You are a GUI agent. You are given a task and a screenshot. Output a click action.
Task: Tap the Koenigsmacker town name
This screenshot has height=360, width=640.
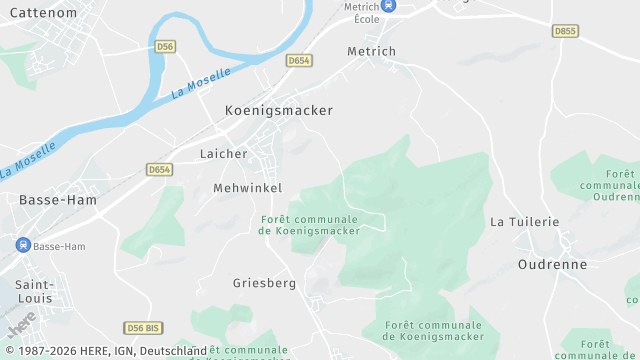279,111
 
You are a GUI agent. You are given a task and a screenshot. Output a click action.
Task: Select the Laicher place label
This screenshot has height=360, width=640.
223,154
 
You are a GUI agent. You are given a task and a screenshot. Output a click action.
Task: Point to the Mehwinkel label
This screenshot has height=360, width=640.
248,188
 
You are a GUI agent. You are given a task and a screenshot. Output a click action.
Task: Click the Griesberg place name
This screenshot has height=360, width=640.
265,283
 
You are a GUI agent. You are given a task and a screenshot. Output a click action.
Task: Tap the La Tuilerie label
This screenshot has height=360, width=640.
524,221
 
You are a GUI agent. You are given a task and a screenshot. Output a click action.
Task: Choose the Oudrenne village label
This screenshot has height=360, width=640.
552,264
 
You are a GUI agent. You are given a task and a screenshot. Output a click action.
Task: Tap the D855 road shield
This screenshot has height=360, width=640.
565,31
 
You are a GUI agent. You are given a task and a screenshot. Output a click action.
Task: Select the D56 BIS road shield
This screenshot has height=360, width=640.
143,328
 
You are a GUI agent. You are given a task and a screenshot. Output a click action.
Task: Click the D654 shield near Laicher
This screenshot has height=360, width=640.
159,170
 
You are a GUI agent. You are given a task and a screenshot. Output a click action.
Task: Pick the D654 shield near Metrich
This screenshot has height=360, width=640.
299,61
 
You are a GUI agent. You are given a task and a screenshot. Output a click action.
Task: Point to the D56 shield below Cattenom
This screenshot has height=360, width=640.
165,47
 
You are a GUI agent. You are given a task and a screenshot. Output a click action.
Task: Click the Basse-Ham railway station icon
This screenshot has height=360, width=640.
22,245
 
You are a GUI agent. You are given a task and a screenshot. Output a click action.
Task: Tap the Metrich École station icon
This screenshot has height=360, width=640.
390,6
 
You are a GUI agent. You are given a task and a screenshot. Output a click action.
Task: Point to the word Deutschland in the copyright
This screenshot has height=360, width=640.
173,351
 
